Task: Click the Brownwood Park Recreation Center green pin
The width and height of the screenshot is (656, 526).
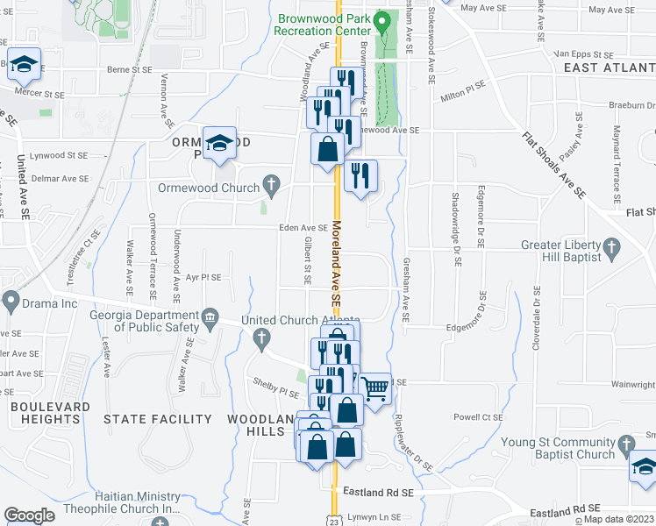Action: click(381, 22)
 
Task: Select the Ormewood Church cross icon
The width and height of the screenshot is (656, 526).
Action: click(272, 187)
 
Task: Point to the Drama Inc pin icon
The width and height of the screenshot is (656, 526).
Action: click(11, 302)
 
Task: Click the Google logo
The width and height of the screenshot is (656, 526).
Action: click(30, 515)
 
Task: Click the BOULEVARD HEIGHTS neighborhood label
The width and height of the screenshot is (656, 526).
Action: click(50, 413)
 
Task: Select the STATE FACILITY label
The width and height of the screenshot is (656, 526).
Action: click(158, 419)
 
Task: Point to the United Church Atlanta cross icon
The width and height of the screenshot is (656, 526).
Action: click(260, 338)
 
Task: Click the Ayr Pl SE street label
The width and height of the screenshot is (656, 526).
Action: click(203, 277)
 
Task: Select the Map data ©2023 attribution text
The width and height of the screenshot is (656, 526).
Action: click(620, 519)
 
